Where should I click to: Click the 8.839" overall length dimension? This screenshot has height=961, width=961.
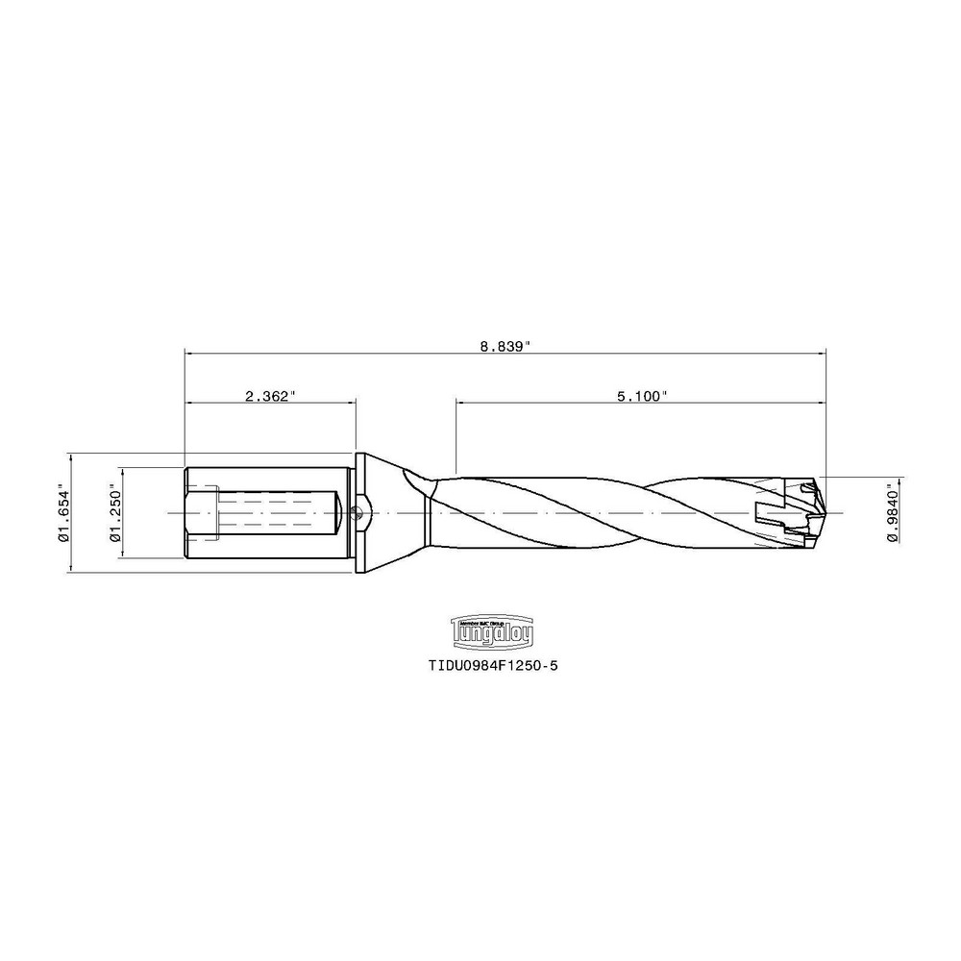(506, 346)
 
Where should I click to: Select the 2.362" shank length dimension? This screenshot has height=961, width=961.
(270, 395)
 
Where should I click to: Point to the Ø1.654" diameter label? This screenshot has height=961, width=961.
(64, 513)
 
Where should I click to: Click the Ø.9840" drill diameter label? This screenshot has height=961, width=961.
(893, 513)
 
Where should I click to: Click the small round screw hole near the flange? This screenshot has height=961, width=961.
(359, 513)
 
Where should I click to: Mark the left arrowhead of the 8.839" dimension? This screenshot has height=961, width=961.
(188, 353)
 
